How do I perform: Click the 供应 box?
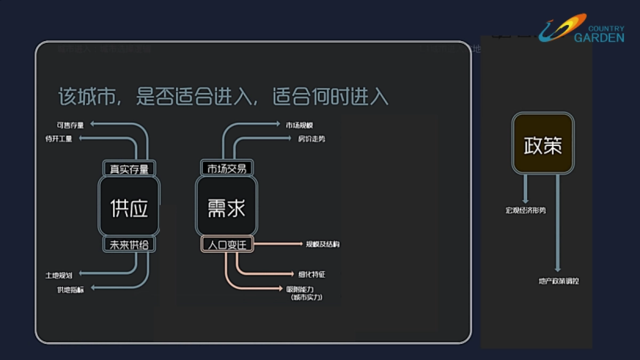(x=129, y=207)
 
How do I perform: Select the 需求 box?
(x=227, y=207)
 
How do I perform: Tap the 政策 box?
(x=543, y=144)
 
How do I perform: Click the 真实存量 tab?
(x=129, y=169)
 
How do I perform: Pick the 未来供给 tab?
(x=129, y=245)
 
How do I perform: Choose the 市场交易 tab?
(x=227, y=169)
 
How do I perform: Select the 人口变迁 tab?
(x=227, y=245)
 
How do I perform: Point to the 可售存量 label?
(x=70, y=125)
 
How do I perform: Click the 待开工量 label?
(x=59, y=139)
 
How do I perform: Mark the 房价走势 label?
(x=311, y=139)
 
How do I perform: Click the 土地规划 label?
(x=59, y=275)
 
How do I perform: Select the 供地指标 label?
(x=70, y=289)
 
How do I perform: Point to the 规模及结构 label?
(x=322, y=244)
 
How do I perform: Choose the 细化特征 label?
(x=311, y=275)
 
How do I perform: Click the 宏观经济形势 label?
(x=526, y=211)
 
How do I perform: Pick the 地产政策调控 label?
(x=558, y=281)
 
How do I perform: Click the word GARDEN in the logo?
(x=599, y=37)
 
